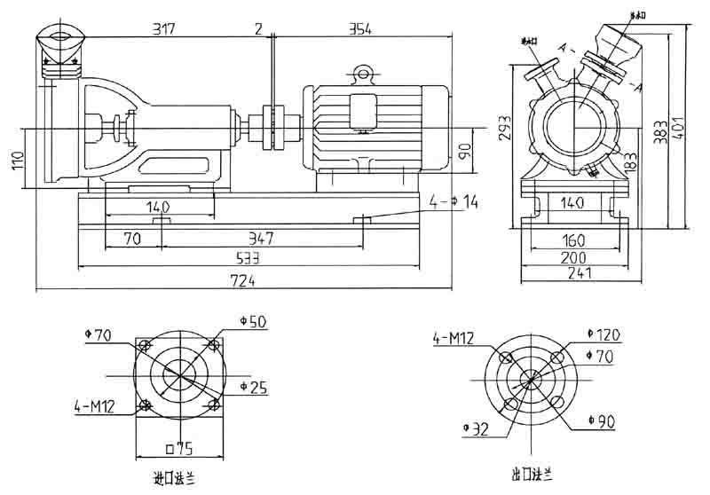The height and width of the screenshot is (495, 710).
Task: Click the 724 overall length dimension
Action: coord(242,281)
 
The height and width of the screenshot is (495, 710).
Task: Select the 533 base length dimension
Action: coord(248,259)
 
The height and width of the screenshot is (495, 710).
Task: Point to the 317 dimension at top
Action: coord(163,28)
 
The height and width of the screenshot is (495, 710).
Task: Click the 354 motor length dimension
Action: coord(359,28)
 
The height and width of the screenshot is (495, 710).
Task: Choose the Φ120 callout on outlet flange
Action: coord(609,335)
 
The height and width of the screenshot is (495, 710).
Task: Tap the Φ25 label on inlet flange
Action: coord(254,388)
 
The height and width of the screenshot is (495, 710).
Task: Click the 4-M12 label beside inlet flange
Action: coord(95,406)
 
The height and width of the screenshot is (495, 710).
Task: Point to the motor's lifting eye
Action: coord(362,70)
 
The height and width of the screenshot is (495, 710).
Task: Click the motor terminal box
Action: coord(363,111)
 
